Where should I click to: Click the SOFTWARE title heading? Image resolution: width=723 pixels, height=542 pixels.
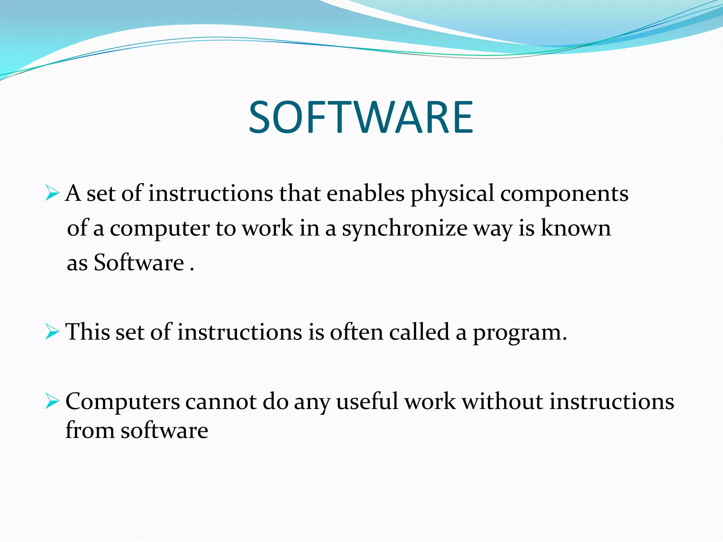pyautogui.click(x=361, y=117)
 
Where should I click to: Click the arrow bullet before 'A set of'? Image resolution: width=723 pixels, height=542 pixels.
pyautogui.click(x=52, y=194)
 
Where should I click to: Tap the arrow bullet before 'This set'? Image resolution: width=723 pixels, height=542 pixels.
pyautogui.click(x=52, y=332)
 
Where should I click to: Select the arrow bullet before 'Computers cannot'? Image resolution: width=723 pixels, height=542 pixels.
pyautogui.click(x=52, y=402)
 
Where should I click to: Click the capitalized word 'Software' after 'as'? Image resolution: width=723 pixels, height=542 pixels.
pyautogui.click(x=139, y=263)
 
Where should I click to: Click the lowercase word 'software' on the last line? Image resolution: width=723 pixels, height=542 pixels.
pyautogui.click(x=165, y=431)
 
